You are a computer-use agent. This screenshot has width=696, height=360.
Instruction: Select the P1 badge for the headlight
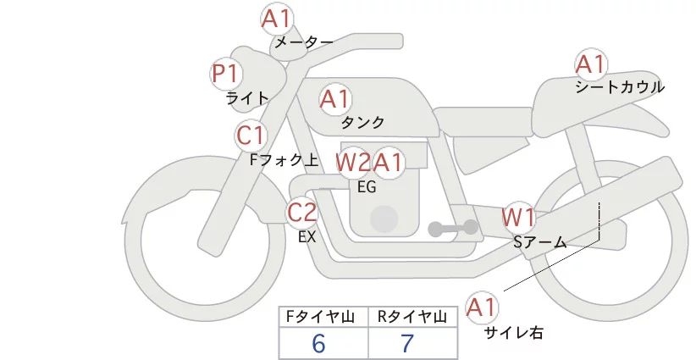tap(225, 75)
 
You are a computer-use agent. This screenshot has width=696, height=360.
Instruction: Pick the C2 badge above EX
tap(302, 213)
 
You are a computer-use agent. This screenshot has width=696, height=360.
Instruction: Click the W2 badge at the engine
tap(352, 163)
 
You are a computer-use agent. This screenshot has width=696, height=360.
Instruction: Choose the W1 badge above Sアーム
tap(517, 218)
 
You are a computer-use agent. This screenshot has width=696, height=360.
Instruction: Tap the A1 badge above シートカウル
tap(591, 64)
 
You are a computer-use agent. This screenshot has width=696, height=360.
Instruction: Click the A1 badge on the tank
tap(334, 100)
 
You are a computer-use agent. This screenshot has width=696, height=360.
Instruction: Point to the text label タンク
tap(362, 123)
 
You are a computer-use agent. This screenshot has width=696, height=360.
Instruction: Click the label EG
tap(367, 187)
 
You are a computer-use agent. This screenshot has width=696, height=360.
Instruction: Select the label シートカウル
tap(620, 87)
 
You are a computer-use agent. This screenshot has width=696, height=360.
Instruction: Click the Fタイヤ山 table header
tap(323, 317)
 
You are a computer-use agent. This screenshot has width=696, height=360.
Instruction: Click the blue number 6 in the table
tap(319, 343)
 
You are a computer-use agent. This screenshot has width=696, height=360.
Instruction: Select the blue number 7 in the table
tap(407, 343)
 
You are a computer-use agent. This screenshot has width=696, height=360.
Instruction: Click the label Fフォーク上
tap(284, 158)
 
